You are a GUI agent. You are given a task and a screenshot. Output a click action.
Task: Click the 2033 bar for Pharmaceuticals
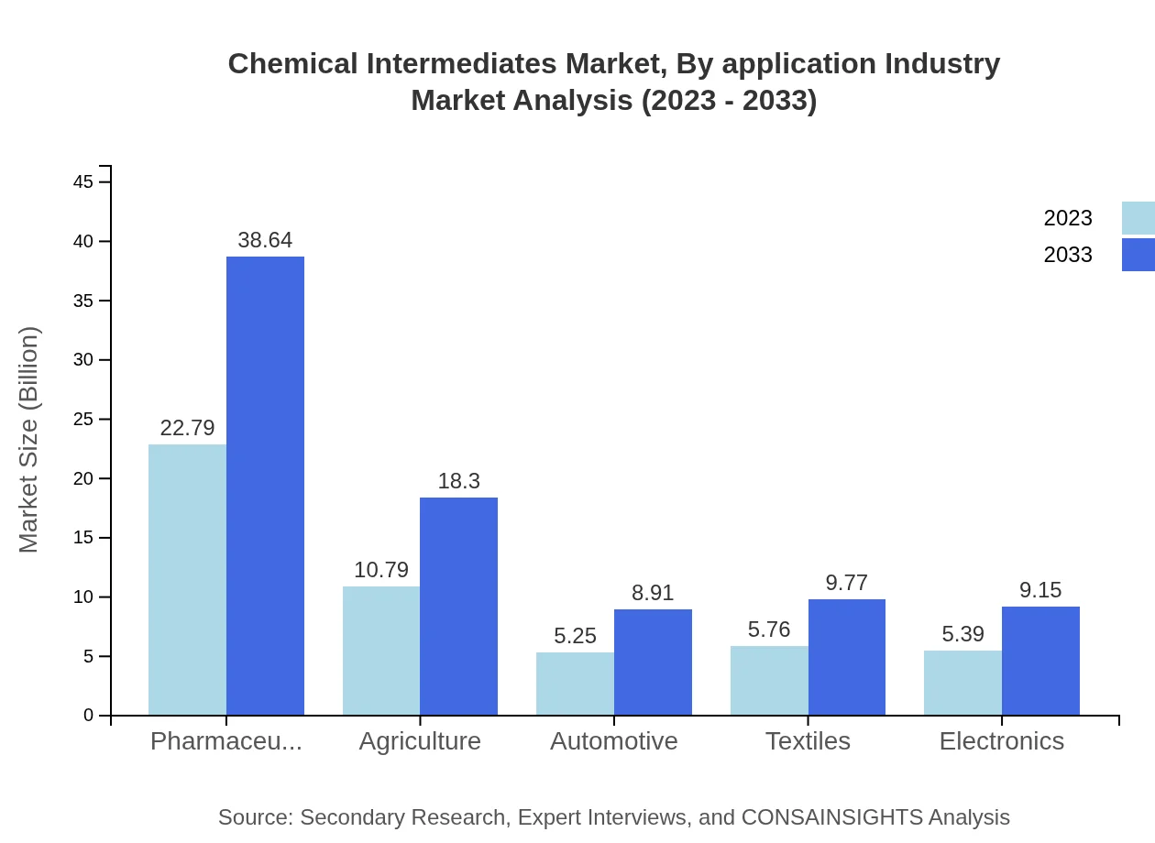[265, 486]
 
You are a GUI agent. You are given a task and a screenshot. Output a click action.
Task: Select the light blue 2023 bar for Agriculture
[381, 651]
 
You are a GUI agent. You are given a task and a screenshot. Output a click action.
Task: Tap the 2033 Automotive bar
[653, 662]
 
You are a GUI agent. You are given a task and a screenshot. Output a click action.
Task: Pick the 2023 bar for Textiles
[769, 680]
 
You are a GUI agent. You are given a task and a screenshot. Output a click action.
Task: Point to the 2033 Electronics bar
[1040, 661]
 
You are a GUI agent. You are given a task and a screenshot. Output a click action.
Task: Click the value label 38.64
[265, 240]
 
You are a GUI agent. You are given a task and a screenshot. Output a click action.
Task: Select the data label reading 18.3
[458, 481]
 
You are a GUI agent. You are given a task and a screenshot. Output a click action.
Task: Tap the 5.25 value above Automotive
[575, 636]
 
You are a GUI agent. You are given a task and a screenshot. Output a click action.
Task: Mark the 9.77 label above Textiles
[846, 583]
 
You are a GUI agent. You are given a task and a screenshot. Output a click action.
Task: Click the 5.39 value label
[962, 634]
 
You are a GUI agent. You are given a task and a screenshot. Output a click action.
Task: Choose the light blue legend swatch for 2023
[1138, 218]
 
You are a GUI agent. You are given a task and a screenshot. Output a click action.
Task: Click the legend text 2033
[1068, 255]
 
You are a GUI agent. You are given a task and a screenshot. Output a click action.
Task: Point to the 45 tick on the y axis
[83, 182]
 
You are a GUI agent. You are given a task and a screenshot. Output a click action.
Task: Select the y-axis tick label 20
[83, 478]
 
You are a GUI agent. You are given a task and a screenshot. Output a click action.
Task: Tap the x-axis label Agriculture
[420, 741]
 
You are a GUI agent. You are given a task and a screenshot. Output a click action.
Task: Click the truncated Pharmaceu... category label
[226, 741]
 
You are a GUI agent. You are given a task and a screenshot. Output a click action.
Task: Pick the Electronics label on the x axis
[1001, 741]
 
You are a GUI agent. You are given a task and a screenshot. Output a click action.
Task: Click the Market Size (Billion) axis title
[29, 440]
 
